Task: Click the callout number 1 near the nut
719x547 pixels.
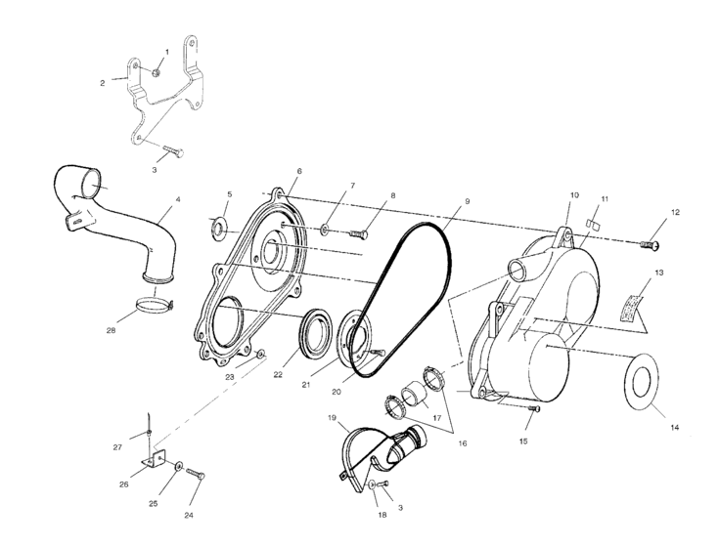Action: [x=166, y=51]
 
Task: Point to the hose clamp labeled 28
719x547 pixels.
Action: [x=153, y=307]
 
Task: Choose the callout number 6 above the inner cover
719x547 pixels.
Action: [x=299, y=171]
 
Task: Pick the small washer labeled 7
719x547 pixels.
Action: [x=324, y=231]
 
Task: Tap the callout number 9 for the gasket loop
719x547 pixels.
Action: [x=467, y=200]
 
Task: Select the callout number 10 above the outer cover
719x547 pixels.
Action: [x=575, y=195]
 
